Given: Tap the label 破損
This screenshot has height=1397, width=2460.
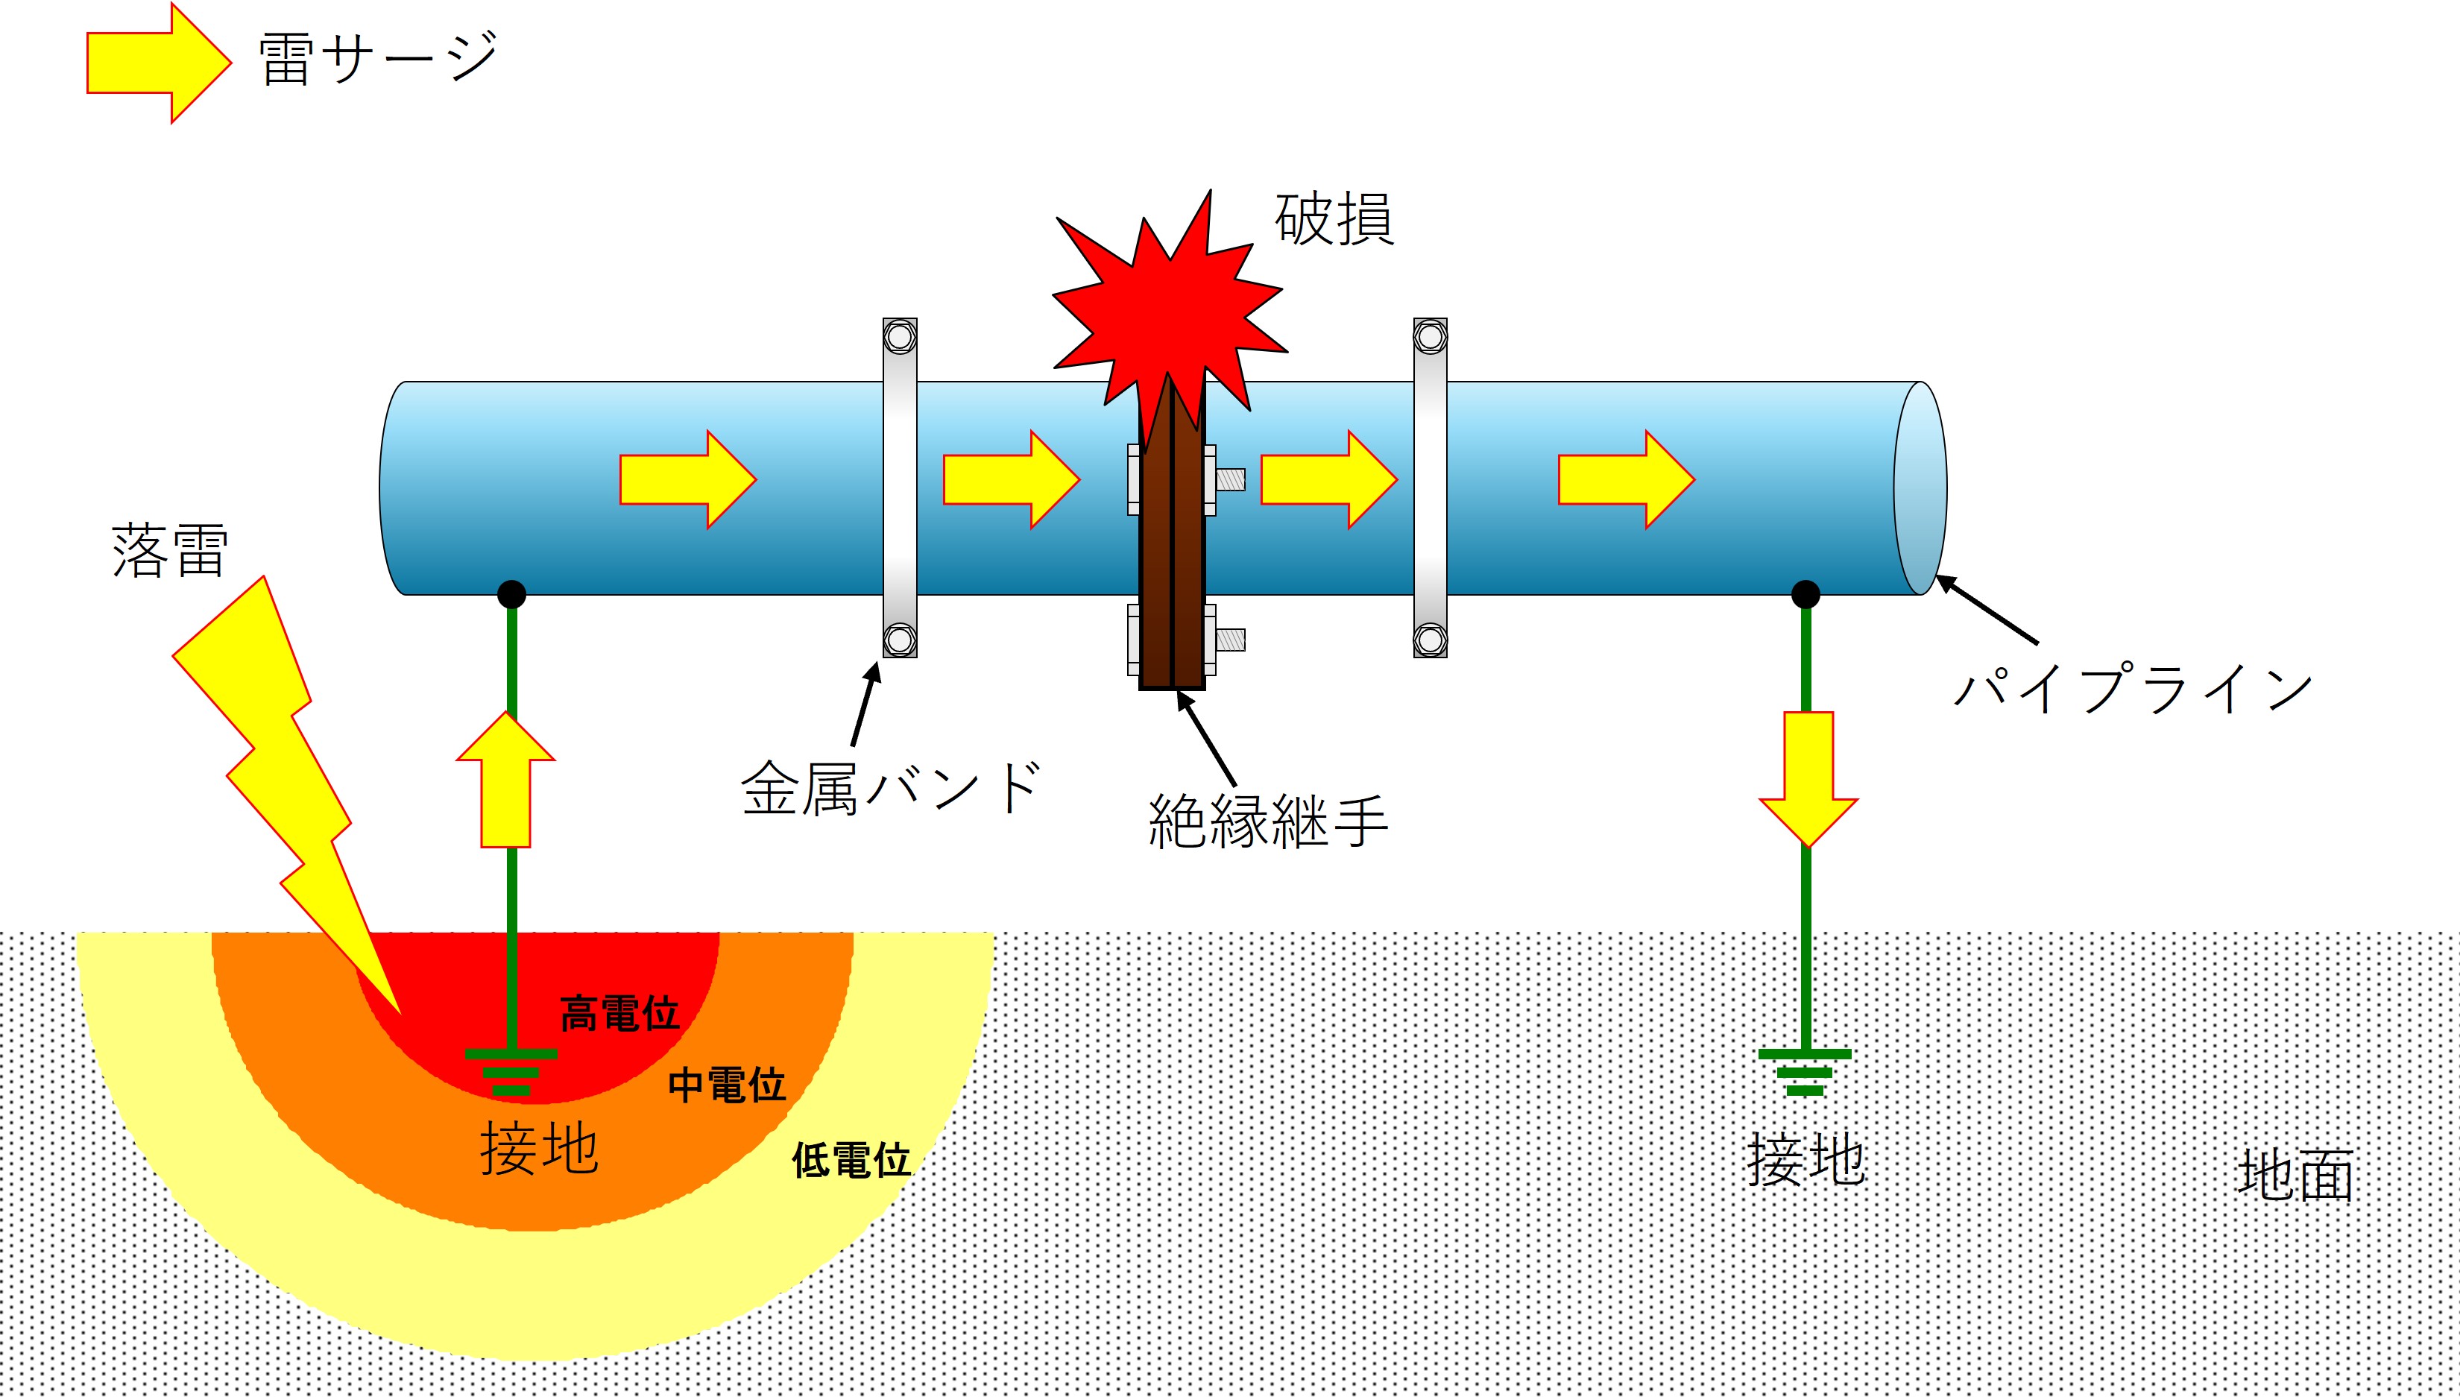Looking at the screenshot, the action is pyautogui.click(x=1334, y=220).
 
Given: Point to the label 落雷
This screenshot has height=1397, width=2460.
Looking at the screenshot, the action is pyautogui.click(x=170, y=551).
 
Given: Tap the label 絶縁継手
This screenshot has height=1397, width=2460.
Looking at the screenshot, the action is pyautogui.click(x=1267, y=822).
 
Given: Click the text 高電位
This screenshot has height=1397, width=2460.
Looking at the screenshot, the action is pyautogui.click(x=619, y=1013).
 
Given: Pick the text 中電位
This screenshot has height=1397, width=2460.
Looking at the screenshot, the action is pyautogui.click(x=728, y=1085).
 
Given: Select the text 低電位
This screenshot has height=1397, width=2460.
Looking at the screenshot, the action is pyautogui.click(x=851, y=1160).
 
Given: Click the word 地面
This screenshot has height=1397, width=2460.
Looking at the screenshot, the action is pyautogui.click(x=2296, y=1176).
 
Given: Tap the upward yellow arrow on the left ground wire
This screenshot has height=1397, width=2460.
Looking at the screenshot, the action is pyautogui.click(x=505, y=779).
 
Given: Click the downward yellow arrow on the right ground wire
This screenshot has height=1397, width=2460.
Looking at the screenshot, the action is pyautogui.click(x=1808, y=779).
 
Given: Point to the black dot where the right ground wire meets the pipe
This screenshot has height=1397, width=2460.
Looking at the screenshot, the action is pyautogui.click(x=1805, y=595).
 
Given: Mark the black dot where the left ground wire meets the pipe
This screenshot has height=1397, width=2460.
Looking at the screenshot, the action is pyautogui.click(x=511, y=595).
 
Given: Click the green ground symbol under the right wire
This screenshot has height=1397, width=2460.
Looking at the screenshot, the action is pyautogui.click(x=1805, y=1073).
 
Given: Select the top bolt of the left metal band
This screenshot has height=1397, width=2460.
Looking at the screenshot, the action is pyautogui.click(x=900, y=337).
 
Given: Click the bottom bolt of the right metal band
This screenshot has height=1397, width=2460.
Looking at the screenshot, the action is pyautogui.click(x=1431, y=639).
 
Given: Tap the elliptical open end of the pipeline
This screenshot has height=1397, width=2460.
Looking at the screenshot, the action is pyautogui.click(x=1921, y=488).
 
